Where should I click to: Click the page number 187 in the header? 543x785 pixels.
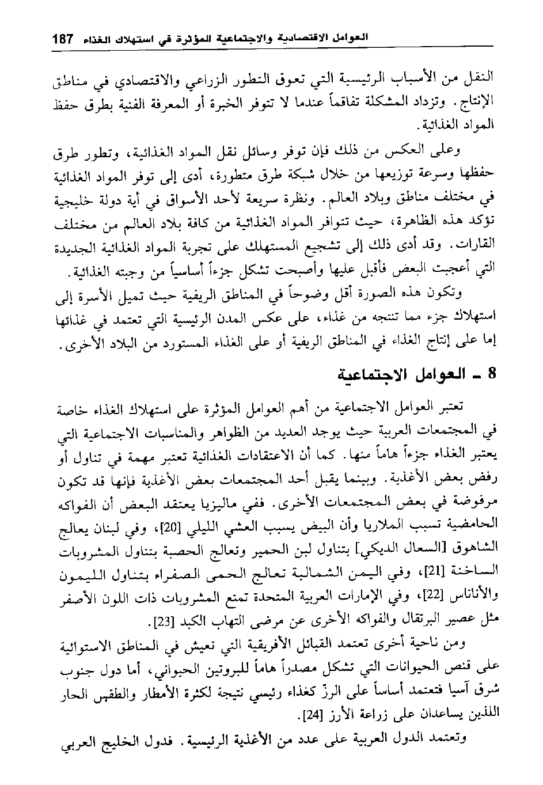(62, 40)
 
